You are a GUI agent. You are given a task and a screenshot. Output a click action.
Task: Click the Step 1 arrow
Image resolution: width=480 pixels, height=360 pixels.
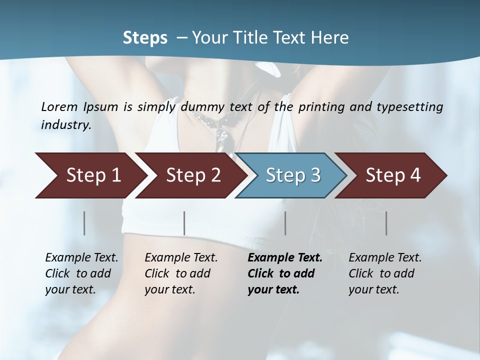(90, 175)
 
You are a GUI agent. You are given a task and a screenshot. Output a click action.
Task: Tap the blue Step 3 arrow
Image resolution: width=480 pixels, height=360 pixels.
(292, 175)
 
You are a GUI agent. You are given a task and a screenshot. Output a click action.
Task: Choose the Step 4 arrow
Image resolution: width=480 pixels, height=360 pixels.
(392, 175)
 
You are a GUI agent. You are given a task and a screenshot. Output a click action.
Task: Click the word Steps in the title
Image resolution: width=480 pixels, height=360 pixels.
(145, 37)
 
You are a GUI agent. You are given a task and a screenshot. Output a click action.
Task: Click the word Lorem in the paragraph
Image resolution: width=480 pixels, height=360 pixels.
(59, 106)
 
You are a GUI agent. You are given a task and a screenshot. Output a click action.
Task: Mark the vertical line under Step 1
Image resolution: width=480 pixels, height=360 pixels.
(84, 223)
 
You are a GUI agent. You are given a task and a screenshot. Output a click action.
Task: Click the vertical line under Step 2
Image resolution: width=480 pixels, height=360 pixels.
(184, 223)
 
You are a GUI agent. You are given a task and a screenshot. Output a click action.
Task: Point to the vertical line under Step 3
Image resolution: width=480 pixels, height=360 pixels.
(285, 223)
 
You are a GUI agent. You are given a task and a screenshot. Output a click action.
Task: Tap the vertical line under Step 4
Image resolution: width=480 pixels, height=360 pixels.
(386, 223)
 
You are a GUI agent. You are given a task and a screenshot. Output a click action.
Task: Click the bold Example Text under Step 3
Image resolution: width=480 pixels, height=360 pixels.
(285, 258)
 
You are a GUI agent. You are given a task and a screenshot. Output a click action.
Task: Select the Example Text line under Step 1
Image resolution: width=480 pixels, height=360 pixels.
(81, 258)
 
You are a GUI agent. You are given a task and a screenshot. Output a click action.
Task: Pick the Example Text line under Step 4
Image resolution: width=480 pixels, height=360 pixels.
(385, 258)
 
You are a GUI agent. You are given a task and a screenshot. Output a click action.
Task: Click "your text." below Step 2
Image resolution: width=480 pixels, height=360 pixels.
(170, 289)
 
